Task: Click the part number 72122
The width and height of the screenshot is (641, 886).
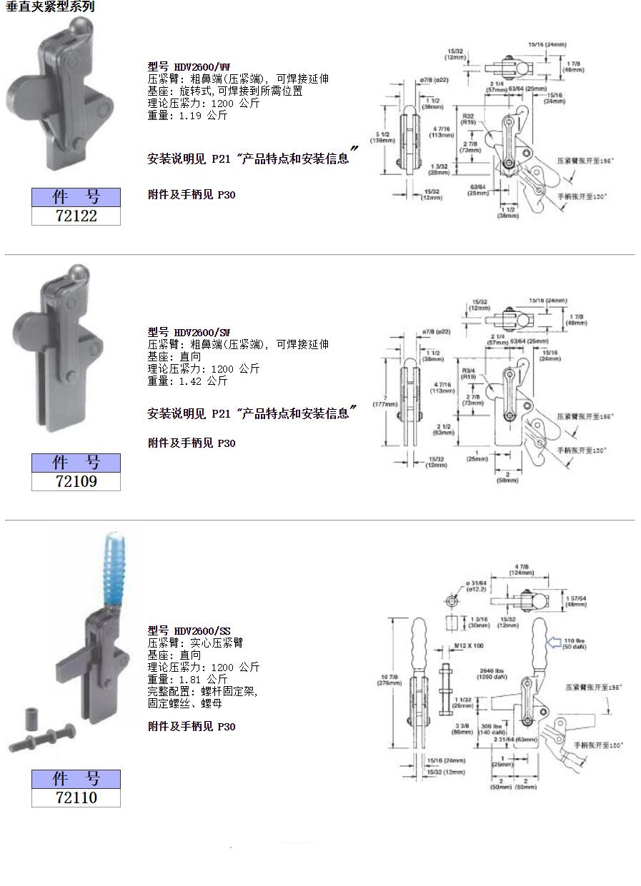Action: point(76,216)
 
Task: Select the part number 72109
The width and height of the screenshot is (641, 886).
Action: point(76,481)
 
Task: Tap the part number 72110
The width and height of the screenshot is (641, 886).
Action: point(76,797)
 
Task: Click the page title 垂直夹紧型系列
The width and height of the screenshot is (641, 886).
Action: point(50,7)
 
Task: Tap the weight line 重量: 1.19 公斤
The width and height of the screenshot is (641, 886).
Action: point(187,115)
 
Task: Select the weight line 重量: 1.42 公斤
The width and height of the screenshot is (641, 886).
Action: point(187,381)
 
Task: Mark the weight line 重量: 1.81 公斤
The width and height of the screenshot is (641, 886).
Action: point(187,680)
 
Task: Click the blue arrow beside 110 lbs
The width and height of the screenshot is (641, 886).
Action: point(555,643)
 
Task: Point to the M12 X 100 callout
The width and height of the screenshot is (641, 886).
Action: point(469,645)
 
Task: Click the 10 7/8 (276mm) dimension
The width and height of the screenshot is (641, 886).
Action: point(389,679)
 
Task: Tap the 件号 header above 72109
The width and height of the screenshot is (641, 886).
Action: point(76,463)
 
